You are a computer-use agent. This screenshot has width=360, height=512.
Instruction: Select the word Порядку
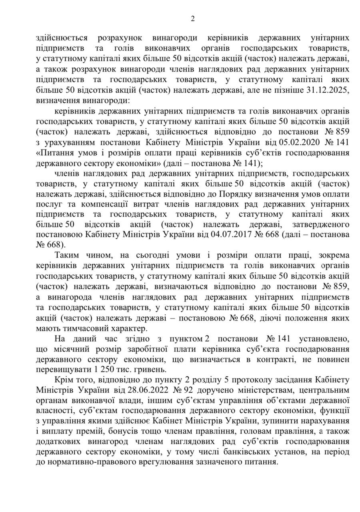[234, 195]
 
